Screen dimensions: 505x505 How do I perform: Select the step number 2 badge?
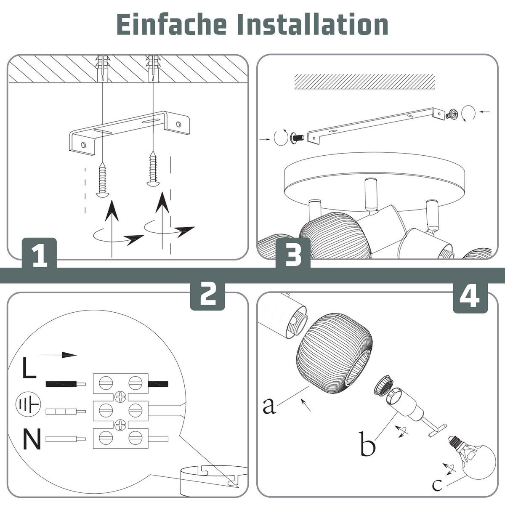pos(207,295)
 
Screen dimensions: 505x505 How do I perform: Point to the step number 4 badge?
pos(470,298)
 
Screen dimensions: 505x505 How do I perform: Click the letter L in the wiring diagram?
pos(29,368)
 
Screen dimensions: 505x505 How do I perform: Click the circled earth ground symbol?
pos(28,404)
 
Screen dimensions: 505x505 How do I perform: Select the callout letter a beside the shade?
pos(269,406)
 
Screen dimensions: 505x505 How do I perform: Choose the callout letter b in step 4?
pos(368,444)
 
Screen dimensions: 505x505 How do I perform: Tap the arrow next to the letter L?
pos(58,355)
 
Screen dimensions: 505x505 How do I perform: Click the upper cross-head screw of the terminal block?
pos(120,397)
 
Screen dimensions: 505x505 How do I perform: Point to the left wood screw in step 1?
pos(102,180)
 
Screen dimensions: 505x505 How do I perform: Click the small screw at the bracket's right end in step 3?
pos(451,114)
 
